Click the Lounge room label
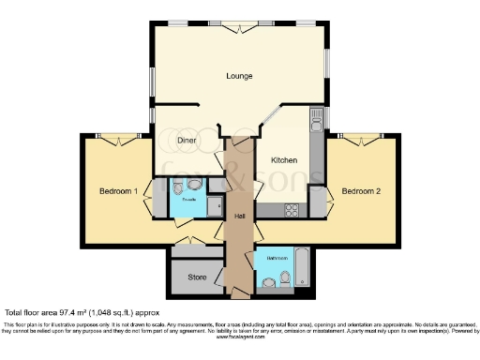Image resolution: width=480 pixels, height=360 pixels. point(240,75)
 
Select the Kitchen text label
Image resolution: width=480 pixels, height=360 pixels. point(284,160)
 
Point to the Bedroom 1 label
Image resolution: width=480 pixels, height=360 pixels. point(119,191)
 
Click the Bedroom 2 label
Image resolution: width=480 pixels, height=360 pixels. point(360,191)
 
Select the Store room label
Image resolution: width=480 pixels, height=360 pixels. point(196,277)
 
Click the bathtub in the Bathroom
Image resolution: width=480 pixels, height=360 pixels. point(303,267)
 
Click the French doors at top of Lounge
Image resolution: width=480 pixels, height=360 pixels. point(239,26)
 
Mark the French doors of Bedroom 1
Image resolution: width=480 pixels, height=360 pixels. point(115,141)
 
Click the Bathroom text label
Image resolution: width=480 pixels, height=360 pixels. point(277,257)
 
